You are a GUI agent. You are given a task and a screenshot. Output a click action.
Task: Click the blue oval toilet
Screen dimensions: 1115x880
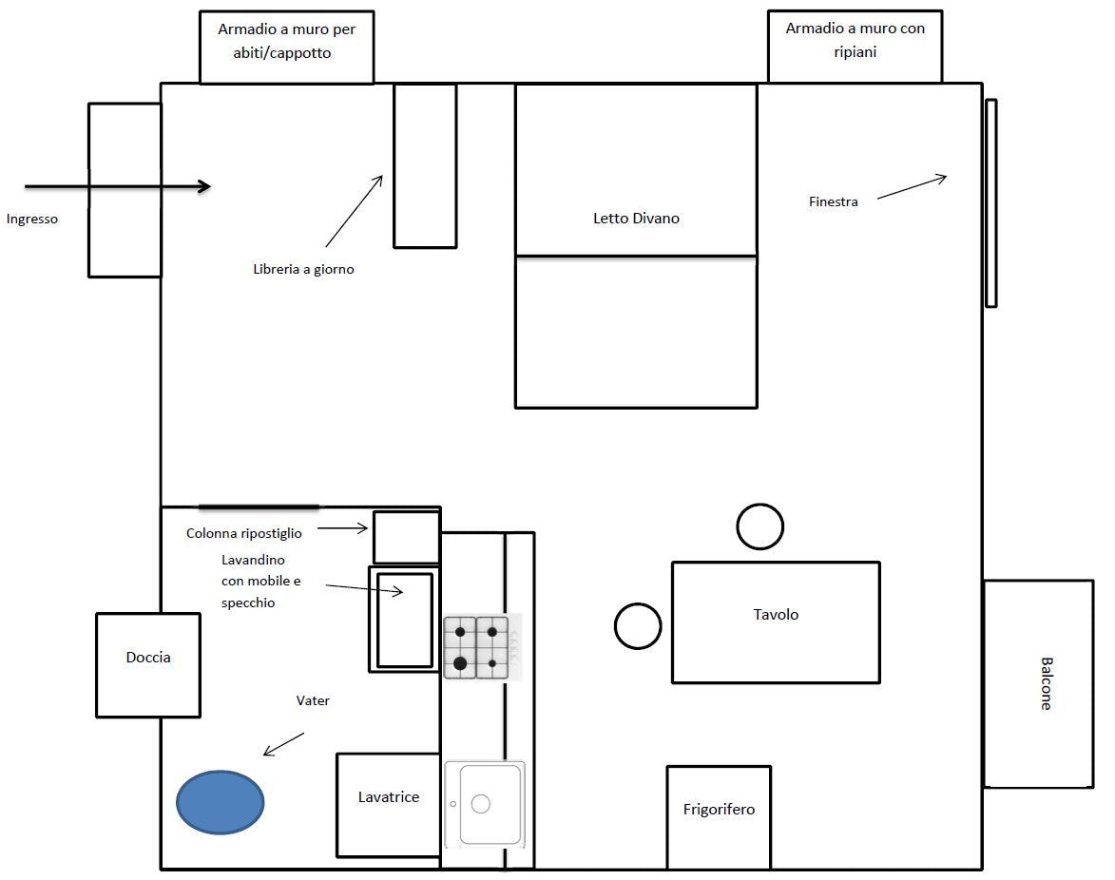221,802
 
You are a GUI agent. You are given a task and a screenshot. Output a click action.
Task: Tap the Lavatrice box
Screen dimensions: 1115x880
388,805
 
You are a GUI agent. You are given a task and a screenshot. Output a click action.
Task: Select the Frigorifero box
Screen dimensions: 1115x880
719,817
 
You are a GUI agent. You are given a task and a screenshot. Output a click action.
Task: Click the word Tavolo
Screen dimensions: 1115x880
776,614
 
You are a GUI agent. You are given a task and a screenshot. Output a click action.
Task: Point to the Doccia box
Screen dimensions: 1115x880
148,665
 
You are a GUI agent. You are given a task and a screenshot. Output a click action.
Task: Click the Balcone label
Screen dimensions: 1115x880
1046,683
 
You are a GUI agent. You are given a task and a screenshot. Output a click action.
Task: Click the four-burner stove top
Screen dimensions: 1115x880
476,647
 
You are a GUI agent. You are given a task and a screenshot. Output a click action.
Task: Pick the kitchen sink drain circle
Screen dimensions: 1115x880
481,803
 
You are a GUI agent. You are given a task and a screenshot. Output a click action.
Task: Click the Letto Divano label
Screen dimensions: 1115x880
637,219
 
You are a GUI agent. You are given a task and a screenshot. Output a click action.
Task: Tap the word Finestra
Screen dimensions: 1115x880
834,201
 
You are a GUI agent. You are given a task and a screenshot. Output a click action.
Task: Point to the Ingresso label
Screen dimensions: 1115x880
32,220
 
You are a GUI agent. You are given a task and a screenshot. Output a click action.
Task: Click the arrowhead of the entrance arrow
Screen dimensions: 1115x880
205,186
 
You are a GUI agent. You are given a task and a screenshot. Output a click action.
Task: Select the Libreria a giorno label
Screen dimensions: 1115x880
303,269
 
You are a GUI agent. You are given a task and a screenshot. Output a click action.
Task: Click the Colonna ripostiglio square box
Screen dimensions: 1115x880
407,537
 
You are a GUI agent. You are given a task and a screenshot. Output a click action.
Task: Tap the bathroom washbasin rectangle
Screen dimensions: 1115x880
405,619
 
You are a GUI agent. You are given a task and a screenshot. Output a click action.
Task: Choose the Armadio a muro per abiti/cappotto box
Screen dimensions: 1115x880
286,47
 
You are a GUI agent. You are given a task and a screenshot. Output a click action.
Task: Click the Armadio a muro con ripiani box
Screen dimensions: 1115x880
855,47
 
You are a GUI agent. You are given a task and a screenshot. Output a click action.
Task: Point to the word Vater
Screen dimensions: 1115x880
313,701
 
